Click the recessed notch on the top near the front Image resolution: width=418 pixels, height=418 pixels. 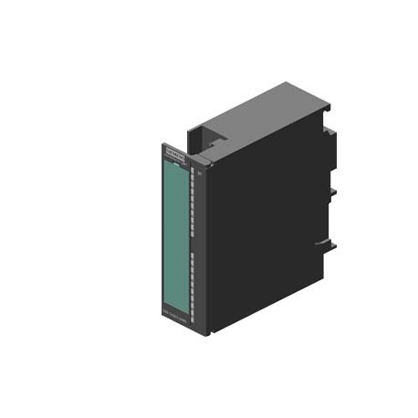(218, 141)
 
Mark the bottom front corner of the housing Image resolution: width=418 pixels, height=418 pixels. (204, 334)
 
